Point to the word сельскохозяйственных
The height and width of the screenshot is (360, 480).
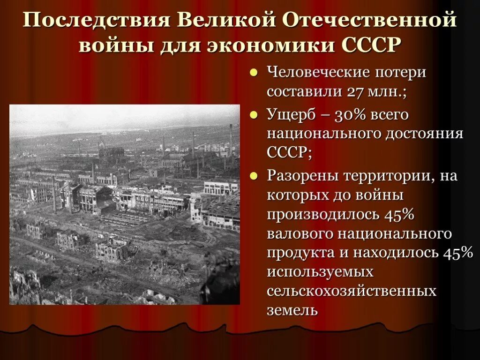[x=351, y=291]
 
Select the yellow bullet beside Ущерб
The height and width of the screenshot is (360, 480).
[x=253, y=115]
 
